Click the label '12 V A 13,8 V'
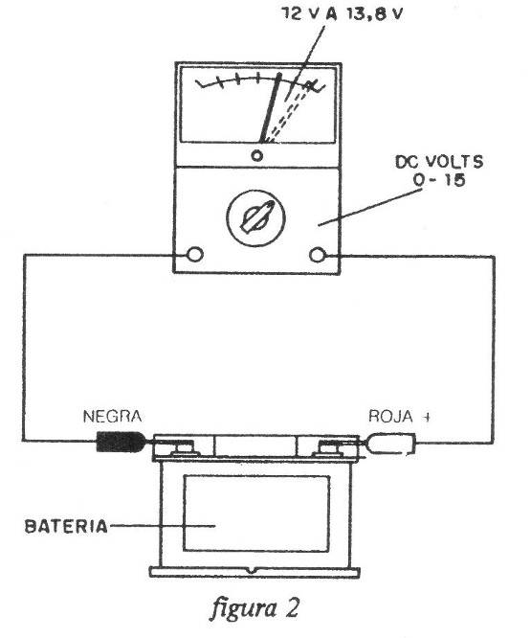coord(343,14)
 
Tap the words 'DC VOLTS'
coord(439,162)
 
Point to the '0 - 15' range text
coord(439,180)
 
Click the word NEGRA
coord(113,417)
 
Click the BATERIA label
coord(67,527)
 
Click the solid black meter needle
coord(271,108)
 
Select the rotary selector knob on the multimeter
coord(255,217)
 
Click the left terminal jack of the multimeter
coord(194,254)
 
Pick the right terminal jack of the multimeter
coord(318,255)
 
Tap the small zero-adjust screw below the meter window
coord(256,155)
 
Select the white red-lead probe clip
coord(391,444)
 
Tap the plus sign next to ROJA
coord(425,417)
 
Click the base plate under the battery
coord(254,571)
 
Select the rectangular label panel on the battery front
coord(256,513)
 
